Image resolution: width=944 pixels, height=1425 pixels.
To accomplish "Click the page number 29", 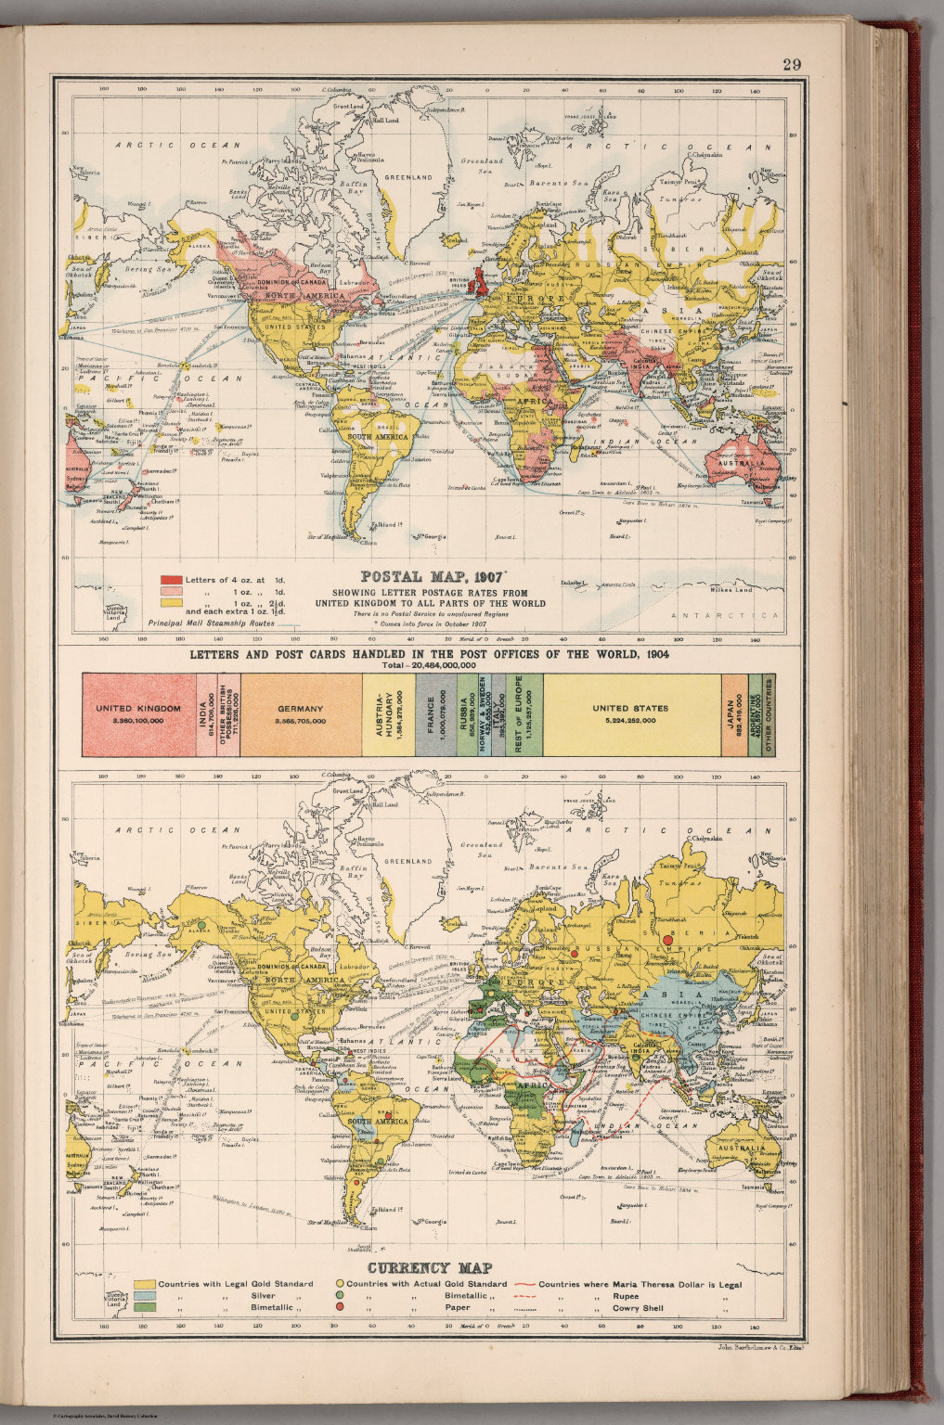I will coord(791,65).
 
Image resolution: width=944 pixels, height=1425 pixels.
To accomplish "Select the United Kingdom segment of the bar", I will coord(139,713).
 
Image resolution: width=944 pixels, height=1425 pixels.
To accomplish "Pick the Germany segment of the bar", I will coord(300,713).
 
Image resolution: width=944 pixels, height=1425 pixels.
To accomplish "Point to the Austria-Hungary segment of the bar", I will coord(388,713).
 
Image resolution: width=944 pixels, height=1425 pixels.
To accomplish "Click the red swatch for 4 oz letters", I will coord(171,581).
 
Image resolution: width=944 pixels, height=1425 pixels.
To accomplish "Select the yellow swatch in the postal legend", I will coord(171,602).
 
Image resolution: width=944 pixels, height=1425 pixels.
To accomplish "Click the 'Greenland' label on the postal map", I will coord(410,176).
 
